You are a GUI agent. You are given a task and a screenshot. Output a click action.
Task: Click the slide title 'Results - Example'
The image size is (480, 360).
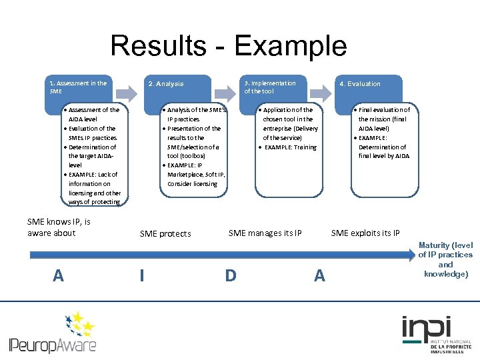(228, 46)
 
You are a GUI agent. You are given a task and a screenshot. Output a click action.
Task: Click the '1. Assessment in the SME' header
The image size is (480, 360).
(78, 87)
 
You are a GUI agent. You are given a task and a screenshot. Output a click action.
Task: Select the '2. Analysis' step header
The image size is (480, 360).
(166, 84)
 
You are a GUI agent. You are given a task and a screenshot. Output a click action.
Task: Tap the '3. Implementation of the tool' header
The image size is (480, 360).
(269, 87)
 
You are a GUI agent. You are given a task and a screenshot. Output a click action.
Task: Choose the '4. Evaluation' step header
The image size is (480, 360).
(360, 84)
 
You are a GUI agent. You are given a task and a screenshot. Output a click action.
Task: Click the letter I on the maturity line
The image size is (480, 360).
(142, 275)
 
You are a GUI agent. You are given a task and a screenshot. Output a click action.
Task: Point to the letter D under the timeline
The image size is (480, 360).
(231, 275)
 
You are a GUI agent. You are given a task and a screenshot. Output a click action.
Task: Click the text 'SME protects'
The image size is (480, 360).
(165, 234)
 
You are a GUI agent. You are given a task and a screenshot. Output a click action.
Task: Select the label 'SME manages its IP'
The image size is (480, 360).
(265, 233)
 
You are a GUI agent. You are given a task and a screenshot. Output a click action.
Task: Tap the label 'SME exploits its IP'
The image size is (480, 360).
(365, 233)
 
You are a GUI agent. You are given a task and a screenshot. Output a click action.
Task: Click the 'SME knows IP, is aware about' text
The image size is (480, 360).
(59, 227)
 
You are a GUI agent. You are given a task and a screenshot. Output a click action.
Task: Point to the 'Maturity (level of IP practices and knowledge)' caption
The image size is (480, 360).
(445, 260)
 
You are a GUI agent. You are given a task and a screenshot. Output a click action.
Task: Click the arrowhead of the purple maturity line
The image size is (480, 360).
(409, 255)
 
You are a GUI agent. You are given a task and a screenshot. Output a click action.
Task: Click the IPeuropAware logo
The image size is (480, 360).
(53, 333)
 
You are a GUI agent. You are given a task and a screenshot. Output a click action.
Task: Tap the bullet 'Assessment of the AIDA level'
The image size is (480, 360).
(93, 114)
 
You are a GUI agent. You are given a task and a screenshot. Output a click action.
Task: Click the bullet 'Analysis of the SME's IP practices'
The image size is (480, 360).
(195, 114)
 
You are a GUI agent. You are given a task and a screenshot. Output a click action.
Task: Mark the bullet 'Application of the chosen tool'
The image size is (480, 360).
(287, 114)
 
